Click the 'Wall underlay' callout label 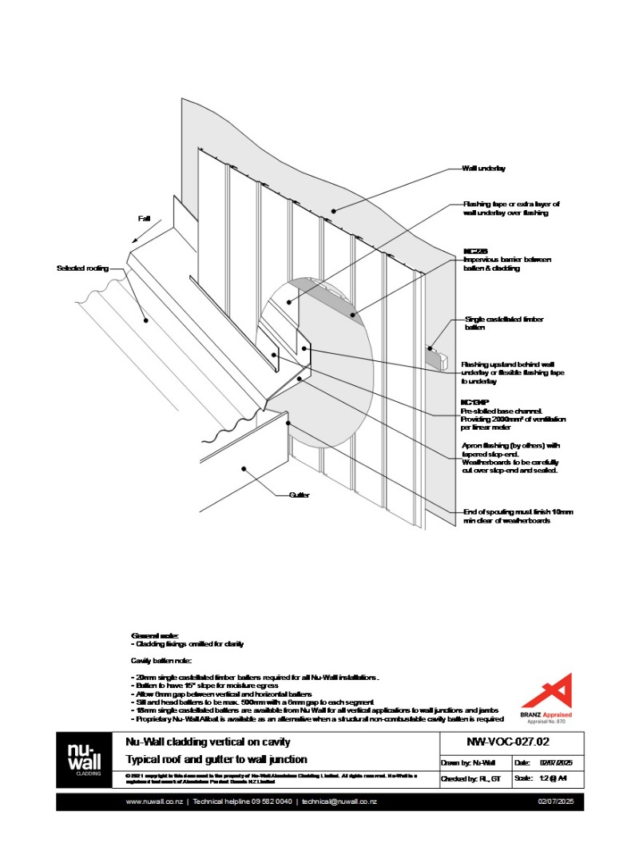483,169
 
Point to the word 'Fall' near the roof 145,217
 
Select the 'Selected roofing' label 82,268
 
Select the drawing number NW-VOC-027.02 494,742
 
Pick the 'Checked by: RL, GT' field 471,778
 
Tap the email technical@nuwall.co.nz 339,801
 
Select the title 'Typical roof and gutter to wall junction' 216,759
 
